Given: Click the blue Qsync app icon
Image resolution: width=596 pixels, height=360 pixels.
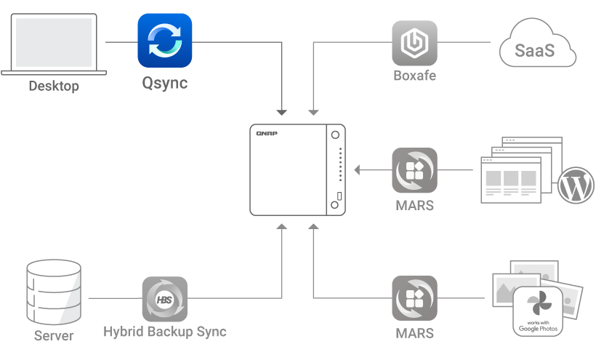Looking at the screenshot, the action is [164, 41].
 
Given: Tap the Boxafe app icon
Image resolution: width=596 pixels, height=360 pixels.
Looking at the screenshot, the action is [415, 43].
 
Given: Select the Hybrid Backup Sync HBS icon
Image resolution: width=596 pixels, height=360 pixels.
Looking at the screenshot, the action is [164, 299].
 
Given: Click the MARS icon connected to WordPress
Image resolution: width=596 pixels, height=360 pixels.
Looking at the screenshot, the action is [415, 170].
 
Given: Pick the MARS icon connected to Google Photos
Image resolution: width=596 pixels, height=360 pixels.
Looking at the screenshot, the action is [415, 298].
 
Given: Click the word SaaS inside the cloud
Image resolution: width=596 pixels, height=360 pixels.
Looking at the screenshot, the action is [534, 51].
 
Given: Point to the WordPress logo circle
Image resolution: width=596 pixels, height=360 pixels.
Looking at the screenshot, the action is [576, 185].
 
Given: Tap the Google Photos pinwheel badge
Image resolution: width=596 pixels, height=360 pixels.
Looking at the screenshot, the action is [538, 311].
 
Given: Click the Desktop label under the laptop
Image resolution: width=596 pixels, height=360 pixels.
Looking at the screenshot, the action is [54, 86].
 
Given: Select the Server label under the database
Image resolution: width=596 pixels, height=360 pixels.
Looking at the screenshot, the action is [54, 336].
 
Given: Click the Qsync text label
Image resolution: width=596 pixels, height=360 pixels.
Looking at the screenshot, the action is [164, 83].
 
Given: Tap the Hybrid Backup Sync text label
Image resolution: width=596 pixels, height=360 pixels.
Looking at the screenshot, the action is [164, 332].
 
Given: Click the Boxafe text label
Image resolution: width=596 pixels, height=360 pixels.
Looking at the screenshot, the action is [415, 75].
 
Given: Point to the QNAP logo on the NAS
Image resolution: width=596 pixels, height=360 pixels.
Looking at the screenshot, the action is [267, 133].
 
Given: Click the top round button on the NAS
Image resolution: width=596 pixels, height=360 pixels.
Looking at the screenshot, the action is [335, 135].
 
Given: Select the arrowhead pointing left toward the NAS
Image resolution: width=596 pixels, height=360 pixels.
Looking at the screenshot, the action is [357, 170].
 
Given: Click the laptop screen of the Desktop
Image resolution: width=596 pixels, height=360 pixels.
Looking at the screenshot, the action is [54, 43].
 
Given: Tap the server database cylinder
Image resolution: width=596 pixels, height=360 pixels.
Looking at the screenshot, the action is [54, 292].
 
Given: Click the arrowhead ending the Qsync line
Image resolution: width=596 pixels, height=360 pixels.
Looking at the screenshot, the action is [282, 113].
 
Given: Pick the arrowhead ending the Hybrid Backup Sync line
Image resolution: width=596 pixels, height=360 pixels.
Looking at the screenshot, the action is [282, 227].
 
